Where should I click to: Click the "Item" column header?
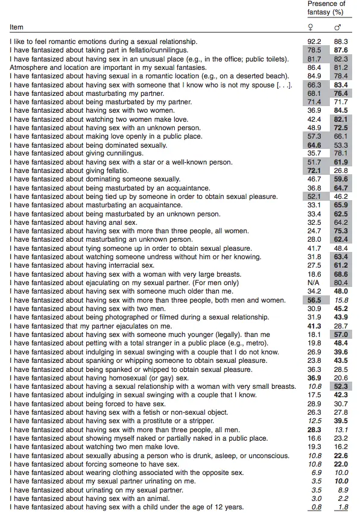(x=16, y=27)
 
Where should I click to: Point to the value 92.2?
(x=314, y=42)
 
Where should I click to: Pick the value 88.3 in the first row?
(x=341, y=42)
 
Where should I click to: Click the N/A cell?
(x=314, y=283)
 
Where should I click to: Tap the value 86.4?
(x=314, y=68)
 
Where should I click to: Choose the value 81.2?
(x=341, y=68)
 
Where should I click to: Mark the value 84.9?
(x=314, y=76)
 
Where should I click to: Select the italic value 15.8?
(x=341, y=300)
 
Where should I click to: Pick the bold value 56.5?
(x=314, y=300)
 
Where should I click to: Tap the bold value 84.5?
(x=341, y=110)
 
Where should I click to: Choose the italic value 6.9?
(x=315, y=473)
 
